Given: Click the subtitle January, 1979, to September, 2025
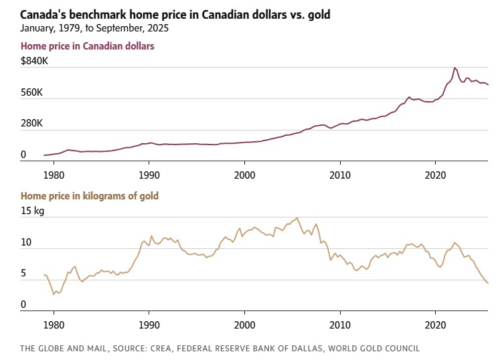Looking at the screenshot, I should click(95, 28).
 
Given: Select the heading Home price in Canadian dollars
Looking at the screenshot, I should click(88, 46).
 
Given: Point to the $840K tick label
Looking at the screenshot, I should click(35, 61).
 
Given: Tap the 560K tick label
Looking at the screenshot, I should click(34, 92).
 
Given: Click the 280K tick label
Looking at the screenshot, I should click(34, 124).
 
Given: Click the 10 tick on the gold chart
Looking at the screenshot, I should click(26, 242).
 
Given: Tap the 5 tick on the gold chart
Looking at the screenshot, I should click(23, 274).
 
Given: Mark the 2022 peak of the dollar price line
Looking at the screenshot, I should click(454, 68).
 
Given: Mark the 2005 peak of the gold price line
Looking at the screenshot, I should click(297, 217).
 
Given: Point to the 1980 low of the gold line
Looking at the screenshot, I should click(54, 294).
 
